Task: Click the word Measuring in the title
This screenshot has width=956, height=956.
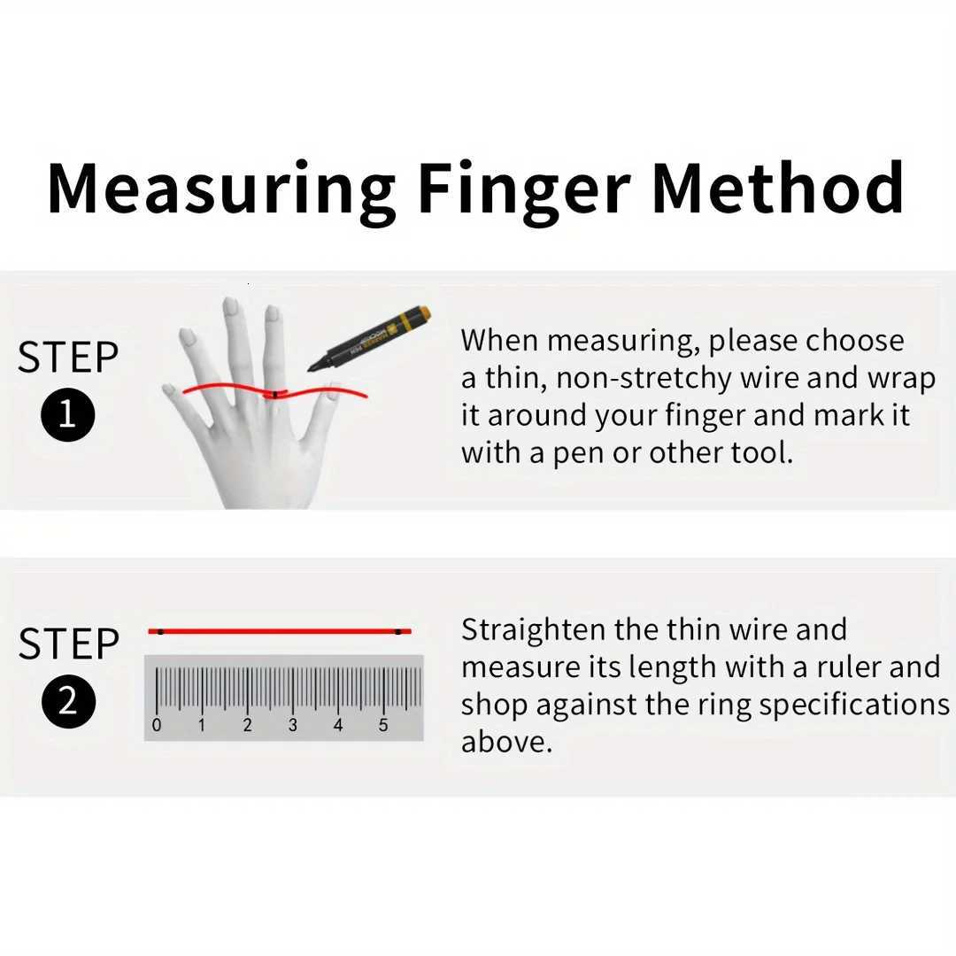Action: tap(221, 189)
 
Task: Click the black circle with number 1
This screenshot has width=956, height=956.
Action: tap(67, 414)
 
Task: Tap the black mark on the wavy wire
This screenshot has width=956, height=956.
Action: tap(275, 393)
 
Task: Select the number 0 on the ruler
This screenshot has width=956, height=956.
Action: tap(157, 726)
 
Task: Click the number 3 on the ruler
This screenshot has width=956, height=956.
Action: tap(292, 726)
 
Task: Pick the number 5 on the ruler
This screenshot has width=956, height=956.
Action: tap(383, 726)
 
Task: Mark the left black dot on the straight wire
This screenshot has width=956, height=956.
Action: tap(160, 631)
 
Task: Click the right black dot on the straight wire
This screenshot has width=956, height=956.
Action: tap(398, 631)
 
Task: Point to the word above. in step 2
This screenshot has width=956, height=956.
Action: tap(506, 742)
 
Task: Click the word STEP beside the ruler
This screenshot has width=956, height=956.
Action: tap(68, 644)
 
